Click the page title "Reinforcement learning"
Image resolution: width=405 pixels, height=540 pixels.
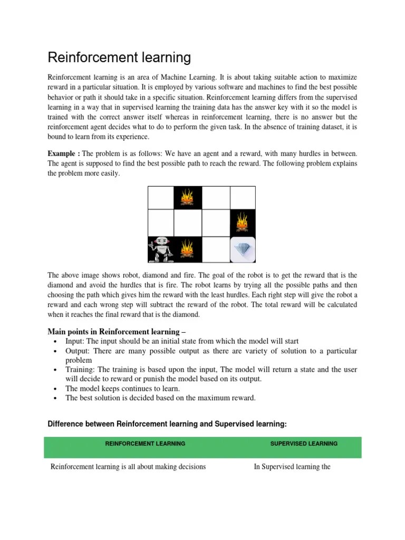pos(119,57)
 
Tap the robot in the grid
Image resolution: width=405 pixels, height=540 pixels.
pos(160,249)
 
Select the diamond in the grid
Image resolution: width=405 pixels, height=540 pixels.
pos(243,249)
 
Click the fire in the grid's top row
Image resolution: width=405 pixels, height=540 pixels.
pos(187,198)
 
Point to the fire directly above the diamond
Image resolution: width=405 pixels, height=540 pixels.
pos(243,223)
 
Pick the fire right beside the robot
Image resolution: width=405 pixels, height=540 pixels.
pos(187,249)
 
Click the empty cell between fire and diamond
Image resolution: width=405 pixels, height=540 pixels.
pos(215,249)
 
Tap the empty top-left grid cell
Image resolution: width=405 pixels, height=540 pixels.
pos(160,198)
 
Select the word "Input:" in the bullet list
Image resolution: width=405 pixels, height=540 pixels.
pos(76,341)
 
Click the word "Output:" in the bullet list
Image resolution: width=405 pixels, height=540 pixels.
pos(79,351)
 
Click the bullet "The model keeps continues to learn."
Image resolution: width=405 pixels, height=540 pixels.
pos(127,389)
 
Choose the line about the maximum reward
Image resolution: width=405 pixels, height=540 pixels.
pos(160,398)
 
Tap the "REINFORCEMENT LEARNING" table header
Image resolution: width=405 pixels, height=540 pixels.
pos(146,444)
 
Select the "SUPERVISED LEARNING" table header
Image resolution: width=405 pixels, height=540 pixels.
pos(304,444)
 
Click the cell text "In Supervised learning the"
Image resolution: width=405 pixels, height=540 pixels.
pos(292,467)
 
